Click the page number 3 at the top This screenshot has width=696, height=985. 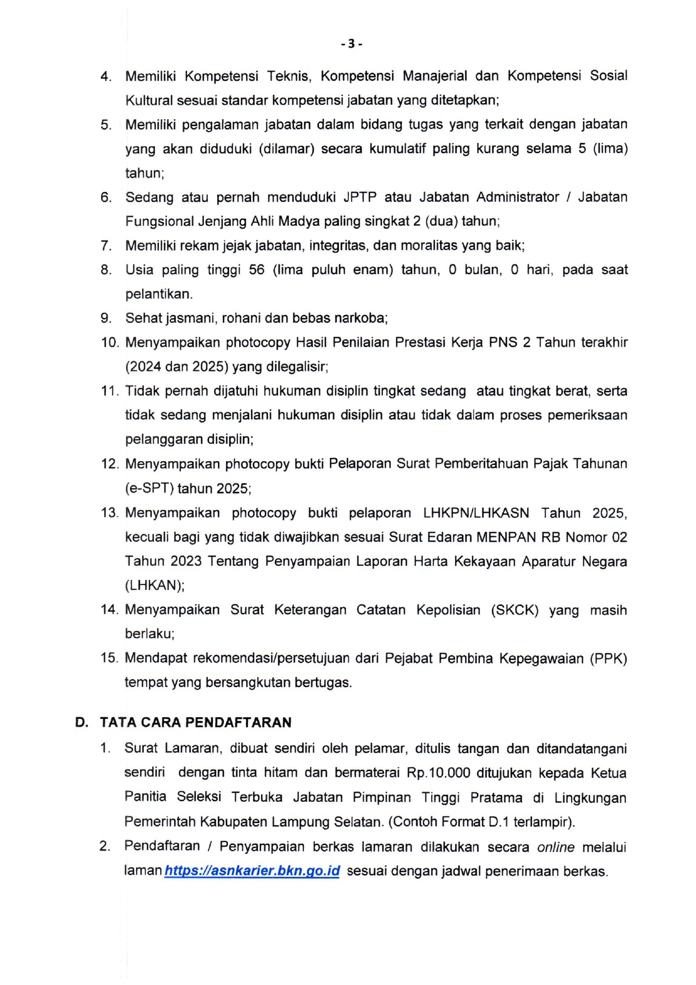point(351,44)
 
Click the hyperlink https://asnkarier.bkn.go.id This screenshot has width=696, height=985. point(252,871)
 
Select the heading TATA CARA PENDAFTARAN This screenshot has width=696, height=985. point(195,722)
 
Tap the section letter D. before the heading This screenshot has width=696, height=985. point(82,722)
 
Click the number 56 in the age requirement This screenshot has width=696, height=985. point(256,270)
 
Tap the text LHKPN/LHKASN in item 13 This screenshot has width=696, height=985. point(475,513)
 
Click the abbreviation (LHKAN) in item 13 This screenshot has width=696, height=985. point(154,586)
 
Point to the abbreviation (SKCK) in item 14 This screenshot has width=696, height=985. point(515,610)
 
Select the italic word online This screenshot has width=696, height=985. point(555,847)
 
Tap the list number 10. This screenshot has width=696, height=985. point(110,342)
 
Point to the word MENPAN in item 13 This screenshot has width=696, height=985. point(506,537)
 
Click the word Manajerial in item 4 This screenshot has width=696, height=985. point(435,76)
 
